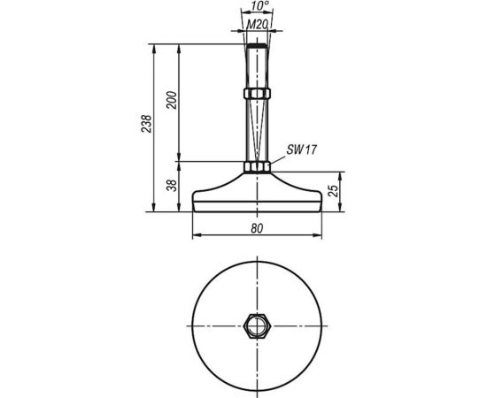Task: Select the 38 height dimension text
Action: point(172,186)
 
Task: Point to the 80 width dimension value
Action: point(256,227)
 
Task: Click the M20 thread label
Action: point(256,24)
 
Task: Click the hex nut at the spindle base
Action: point(256,167)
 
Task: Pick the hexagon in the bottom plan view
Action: point(256,325)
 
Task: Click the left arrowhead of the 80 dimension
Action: point(197,235)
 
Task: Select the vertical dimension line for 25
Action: point(341,193)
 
